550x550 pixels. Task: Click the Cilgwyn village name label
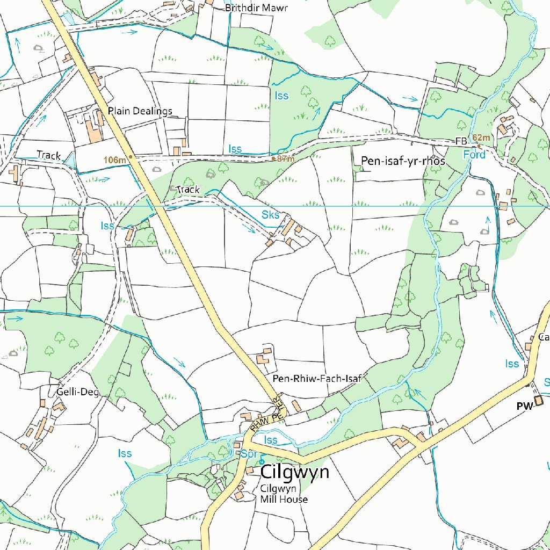(294, 472)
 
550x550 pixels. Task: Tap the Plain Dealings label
(140, 111)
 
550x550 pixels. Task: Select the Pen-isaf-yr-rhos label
(403, 161)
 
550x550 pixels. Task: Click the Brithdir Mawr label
(257, 8)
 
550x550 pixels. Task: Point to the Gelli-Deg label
(78, 392)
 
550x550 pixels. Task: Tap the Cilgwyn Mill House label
(284, 494)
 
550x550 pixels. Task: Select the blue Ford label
(474, 155)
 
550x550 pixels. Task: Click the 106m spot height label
(114, 160)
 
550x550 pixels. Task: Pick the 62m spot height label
(482, 137)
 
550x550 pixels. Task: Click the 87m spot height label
(285, 159)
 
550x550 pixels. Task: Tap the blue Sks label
(270, 215)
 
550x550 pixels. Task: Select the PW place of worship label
(524, 407)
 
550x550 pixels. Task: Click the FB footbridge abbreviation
(461, 142)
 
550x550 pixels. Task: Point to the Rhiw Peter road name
(269, 416)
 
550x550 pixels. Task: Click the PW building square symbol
(538, 400)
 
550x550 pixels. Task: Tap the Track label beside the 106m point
(49, 155)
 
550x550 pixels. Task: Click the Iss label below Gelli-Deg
(125, 454)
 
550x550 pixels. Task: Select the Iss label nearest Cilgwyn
(271, 440)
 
